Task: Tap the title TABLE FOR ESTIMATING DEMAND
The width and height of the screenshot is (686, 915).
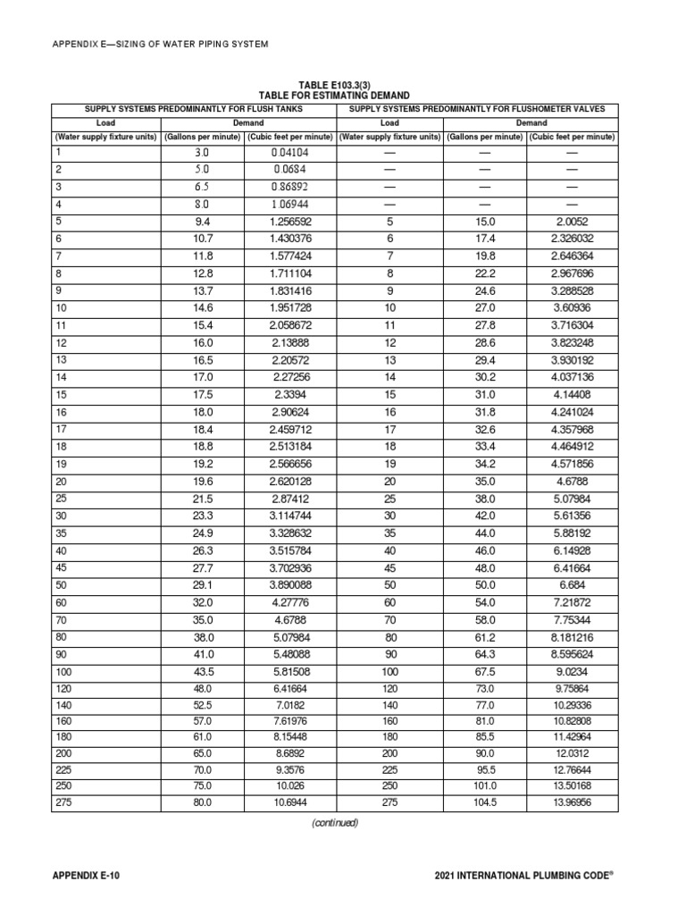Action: coord(334,95)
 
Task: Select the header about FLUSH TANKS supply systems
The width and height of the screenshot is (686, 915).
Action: coord(194,108)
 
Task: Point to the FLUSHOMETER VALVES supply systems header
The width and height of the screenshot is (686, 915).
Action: coord(477,108)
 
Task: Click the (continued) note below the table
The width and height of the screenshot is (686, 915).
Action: coord(334,823)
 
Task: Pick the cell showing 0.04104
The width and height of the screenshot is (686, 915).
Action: coord(290,153)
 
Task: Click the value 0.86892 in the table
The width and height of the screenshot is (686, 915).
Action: coord(290,186)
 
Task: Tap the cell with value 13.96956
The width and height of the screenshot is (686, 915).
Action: coord(573,802)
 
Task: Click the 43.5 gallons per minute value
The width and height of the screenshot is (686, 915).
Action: coord(203,669)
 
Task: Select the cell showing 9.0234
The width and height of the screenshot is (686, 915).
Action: coord(573,669)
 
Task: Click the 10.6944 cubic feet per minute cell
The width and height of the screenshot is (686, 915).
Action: coord(290,802)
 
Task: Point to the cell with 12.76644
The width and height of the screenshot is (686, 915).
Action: coord(573,769)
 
